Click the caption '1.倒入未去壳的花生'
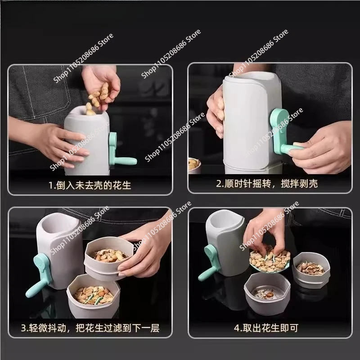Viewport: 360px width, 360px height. pos(90,184)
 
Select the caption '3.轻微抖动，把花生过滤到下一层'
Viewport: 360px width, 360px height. pos(90,328)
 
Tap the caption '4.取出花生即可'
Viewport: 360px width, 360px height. pos(265,328)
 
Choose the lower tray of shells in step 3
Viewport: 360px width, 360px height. pos(93,293)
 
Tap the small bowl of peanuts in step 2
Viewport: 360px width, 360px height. pos(194,165)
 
